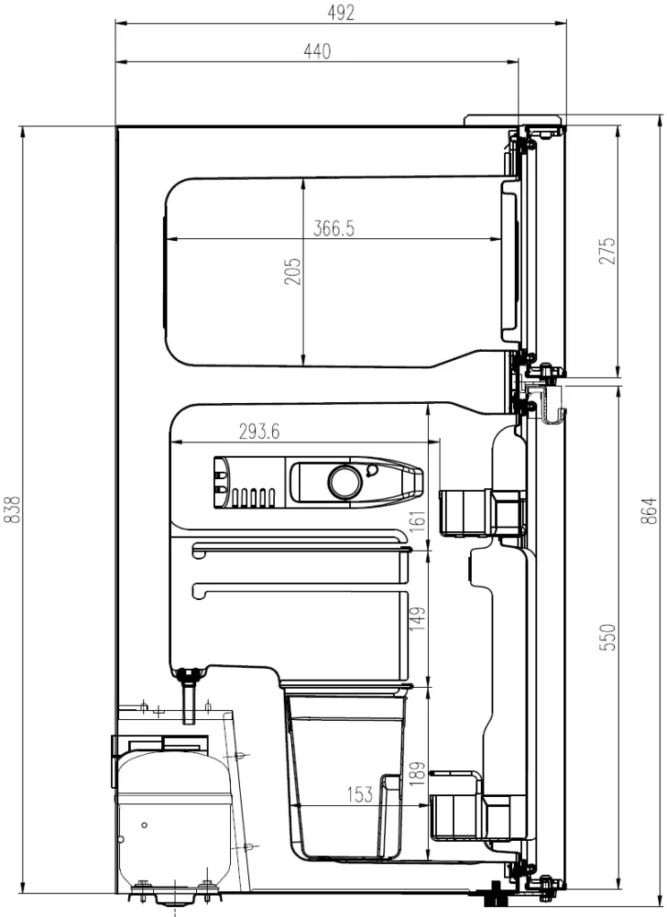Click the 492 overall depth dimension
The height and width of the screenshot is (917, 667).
(x=341, y=12)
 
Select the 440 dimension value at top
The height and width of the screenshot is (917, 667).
(x=317, y=51)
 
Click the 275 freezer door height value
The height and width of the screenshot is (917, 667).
(x=608, y=253)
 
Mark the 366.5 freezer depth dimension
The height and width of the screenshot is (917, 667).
(x=334, y=228)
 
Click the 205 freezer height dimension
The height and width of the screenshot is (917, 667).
(x=293, y=271)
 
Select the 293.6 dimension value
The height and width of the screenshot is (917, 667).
(x=259, y=432)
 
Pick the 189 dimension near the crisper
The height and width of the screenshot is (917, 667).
(x=418, y=771)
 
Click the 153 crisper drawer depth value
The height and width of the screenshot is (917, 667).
(x=361, y=793)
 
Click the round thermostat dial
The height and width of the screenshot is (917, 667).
(x=343, y=482)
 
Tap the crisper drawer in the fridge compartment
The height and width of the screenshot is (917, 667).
(x=345, y=770)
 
